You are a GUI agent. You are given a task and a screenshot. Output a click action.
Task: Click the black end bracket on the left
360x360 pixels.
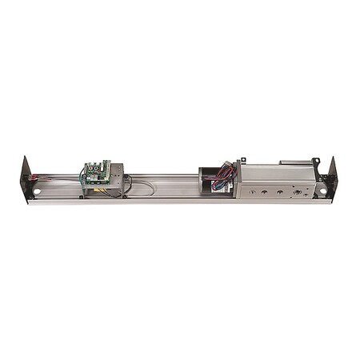pos(26,178)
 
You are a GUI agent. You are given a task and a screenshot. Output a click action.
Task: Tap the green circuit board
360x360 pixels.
pos(96,170)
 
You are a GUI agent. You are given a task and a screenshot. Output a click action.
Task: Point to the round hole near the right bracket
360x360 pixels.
pos(323,190)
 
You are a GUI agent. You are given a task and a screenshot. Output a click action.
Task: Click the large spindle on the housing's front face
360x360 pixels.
pos(298,192)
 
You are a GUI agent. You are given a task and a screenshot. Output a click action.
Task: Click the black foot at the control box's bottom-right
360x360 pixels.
pos(122,194)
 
